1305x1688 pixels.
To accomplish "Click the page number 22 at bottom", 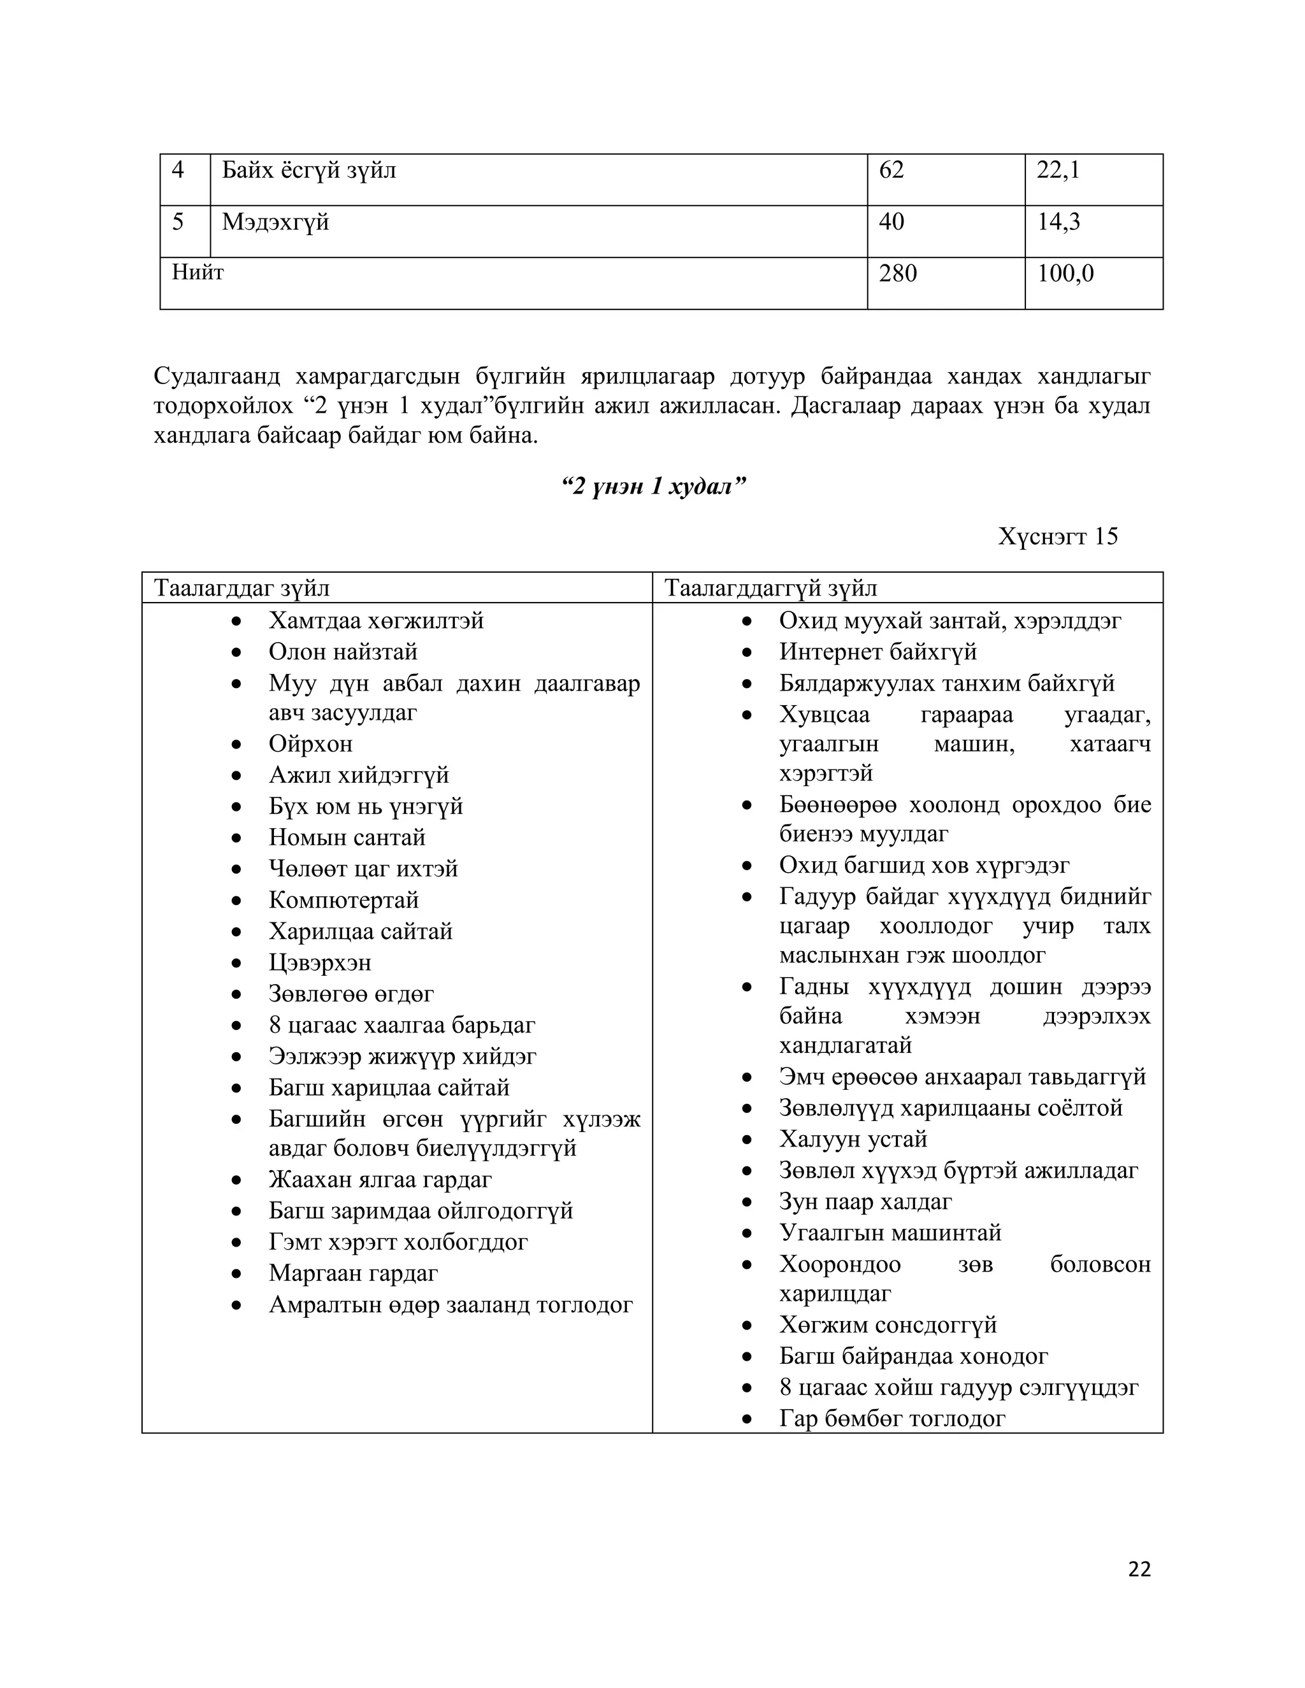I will click(x=1139, y=1568).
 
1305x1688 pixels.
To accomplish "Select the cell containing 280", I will click(x=898, y=274).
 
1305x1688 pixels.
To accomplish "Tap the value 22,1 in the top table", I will click(x=1058, y=170).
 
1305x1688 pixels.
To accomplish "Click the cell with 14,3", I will click(x=1058, y=222).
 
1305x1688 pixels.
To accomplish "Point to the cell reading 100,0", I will click(x=1065, y=274).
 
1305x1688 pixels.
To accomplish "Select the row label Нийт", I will click(x=198, y=272).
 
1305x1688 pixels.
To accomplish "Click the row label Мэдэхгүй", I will click(x=275, y=222).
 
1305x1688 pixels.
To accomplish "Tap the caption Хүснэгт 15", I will click(x=1057, y=536).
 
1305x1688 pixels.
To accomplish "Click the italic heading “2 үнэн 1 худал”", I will click(x=653, y=486).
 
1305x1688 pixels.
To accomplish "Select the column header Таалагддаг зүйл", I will click(x=242, y=588).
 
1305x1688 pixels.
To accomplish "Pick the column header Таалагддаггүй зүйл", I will click(x=771, y=588).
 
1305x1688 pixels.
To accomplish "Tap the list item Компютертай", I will click(x=343, y=899).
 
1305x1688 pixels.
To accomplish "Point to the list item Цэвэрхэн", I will click(x=319, y=962).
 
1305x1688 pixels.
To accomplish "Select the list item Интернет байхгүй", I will click(x=877, y=652).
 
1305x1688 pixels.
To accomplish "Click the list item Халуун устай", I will click(x=853, y=1138).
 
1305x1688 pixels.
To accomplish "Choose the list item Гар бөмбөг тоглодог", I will click(x=891, y=1419).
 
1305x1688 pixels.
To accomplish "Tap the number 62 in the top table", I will click(x=891, y=170).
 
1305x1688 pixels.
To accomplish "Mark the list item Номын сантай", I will click(x=347, y=837).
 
